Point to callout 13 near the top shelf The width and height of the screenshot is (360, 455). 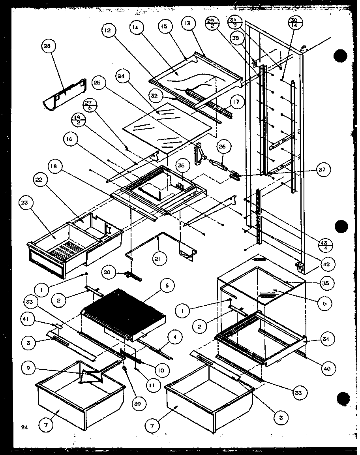[187, 24]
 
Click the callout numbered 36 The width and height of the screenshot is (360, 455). [181, 166]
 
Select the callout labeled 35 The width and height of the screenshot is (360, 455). [327, 283]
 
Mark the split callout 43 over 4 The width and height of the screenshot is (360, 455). [326, 245]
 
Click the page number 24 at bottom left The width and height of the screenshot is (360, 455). [24, 427]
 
